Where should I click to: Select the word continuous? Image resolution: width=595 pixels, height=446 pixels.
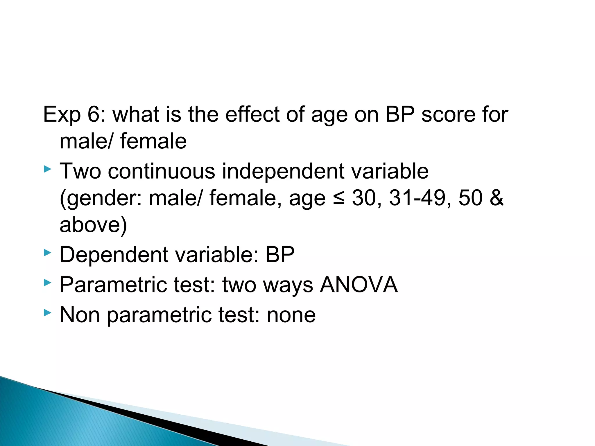point(162,171)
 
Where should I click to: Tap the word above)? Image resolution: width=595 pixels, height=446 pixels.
point(93,225)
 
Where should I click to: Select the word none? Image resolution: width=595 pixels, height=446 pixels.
point(291,315)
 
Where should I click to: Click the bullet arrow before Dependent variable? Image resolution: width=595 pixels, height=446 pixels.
point(47,253)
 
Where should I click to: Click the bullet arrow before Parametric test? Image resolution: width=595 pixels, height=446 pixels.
point(47,283)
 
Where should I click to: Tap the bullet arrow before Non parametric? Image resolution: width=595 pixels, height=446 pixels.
point(47,313)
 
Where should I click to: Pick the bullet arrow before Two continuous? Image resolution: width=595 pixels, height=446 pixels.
point(47,169)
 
